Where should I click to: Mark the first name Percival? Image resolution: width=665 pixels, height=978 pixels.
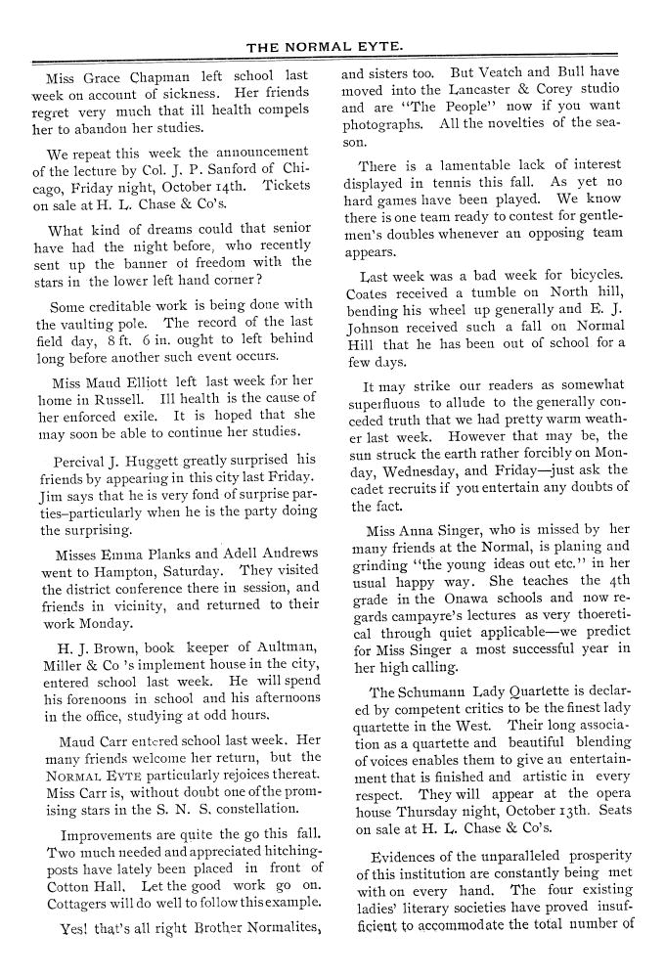click(85, 459)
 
